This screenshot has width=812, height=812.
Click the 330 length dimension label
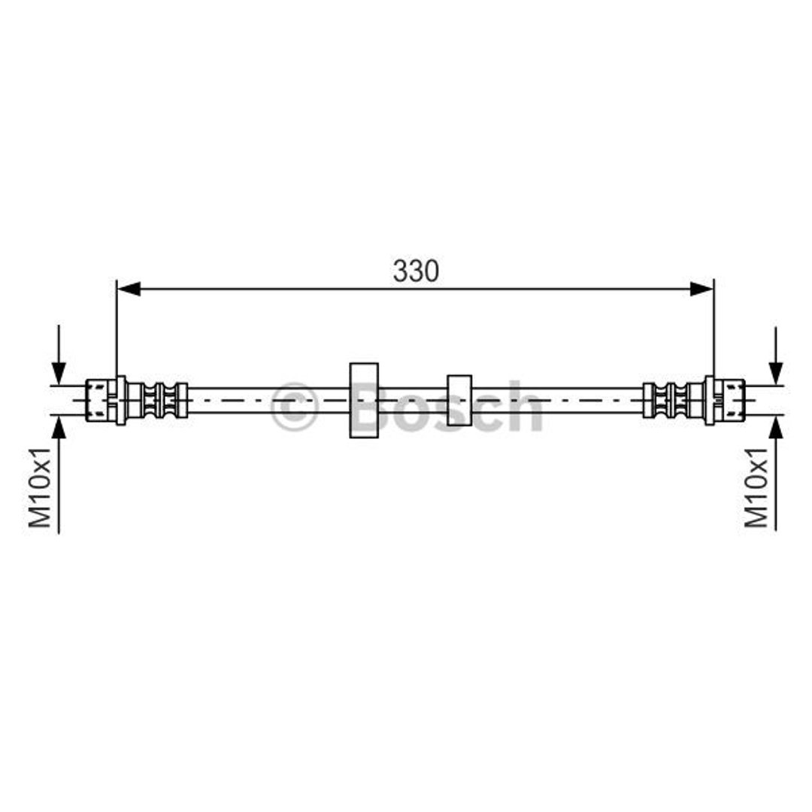[x=416, y=271]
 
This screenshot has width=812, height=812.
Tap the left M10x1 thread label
[x=40, y=486]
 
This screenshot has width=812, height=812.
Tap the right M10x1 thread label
[x=756, y=486]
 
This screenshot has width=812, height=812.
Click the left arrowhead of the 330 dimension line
[x=129, y=289]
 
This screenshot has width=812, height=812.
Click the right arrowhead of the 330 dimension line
[x=701, y=289]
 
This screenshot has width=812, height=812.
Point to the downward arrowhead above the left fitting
[x=59, y=374]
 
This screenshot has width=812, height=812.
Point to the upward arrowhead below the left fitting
[x=59, y=426]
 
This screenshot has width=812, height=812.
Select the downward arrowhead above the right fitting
[x=775, y=374]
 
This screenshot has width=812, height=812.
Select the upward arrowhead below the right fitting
[x=775, y=426]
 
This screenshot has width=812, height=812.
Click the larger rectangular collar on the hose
[x=364, y=400]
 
